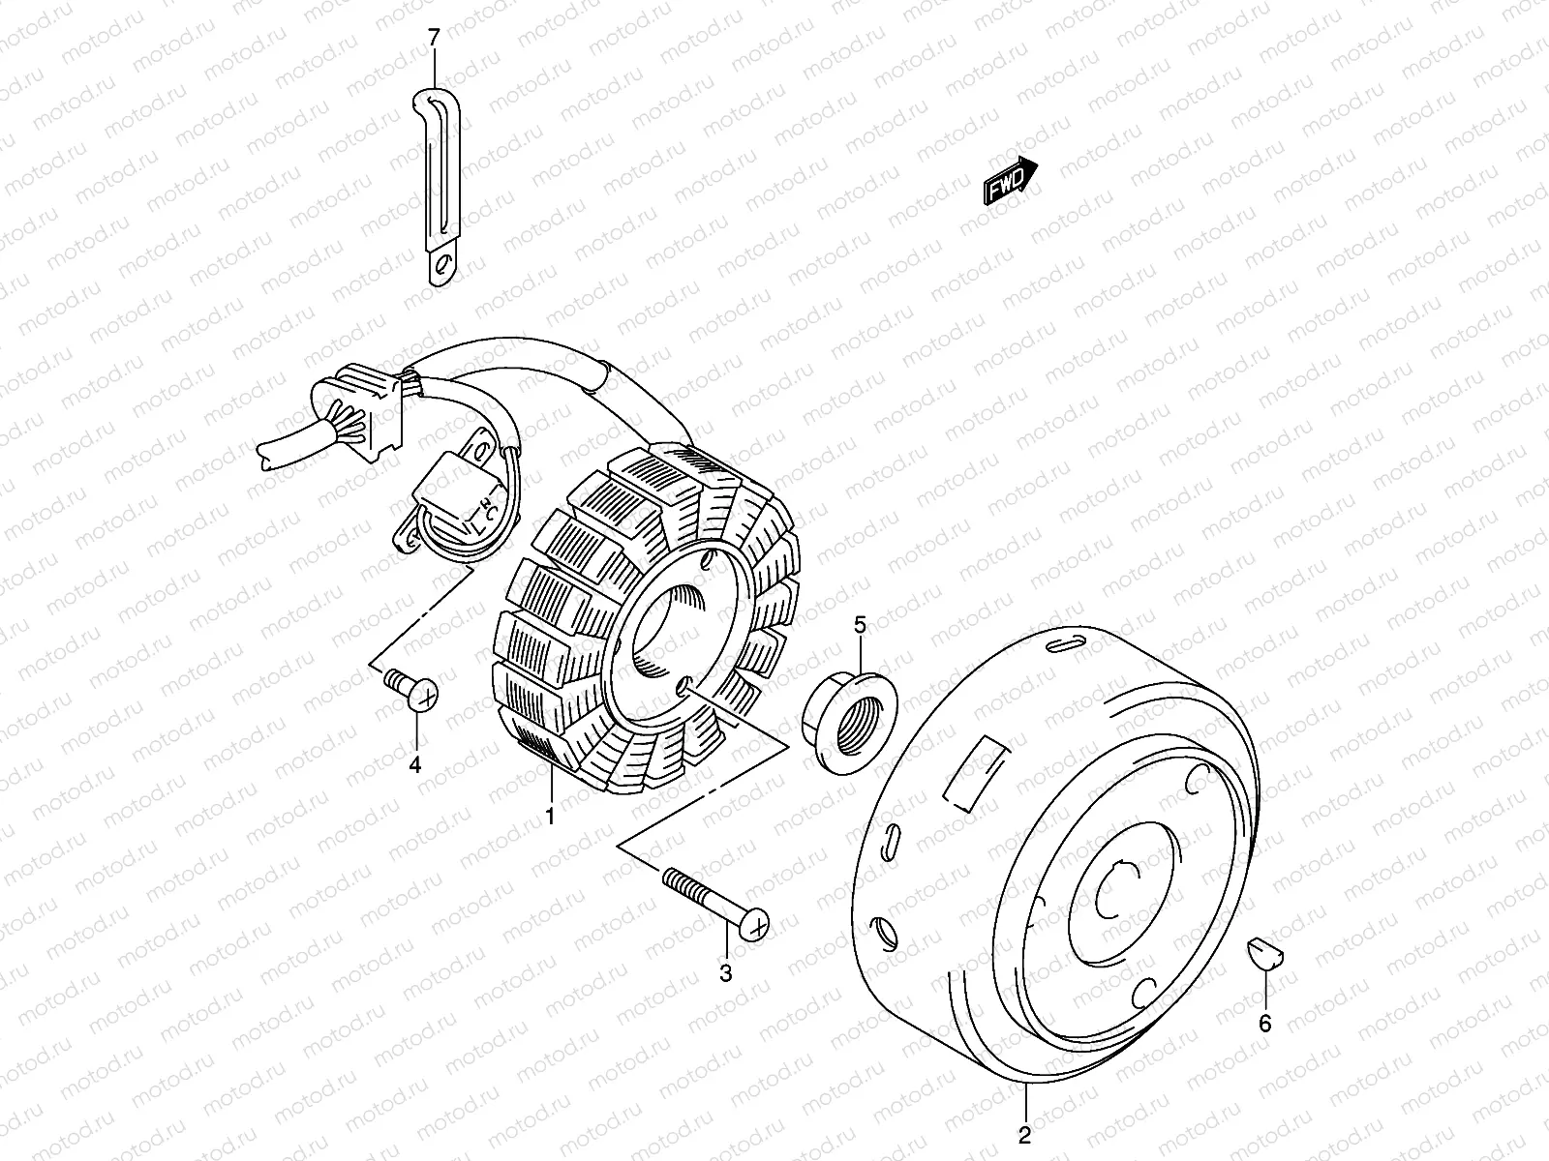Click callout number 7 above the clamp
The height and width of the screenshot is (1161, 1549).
click(x=434, y=39)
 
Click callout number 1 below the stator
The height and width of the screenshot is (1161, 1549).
click(x=549, y=817)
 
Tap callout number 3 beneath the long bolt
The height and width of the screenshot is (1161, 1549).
click(x=726, y=973)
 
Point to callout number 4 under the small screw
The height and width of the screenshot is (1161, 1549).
click(x=414, y=764)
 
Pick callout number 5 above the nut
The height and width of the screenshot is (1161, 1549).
click(x=860, y=625)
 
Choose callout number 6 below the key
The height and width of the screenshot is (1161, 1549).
click(x=1265, y=1023)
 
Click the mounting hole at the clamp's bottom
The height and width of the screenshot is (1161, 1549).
click(x=443, y=266)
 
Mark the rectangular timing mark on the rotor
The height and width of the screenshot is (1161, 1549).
click(x=976, y=771)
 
